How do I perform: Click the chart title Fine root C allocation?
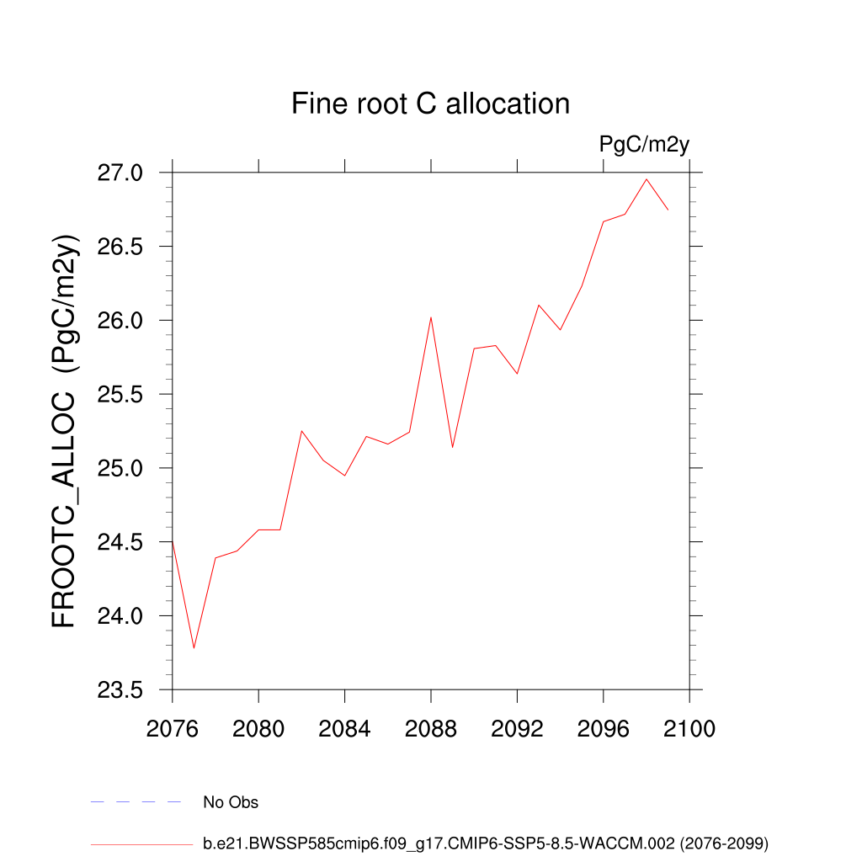[x=430, y=104]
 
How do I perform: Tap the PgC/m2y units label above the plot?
[x=644, y=144]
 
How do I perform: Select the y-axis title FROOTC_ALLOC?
[x=65, y=430]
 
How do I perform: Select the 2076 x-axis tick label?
[x=172, y=729]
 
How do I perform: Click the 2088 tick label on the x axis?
[x=430, y=729]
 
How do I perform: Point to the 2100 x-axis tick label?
[x=689, y=729]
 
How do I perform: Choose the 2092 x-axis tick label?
[x=517, y=729]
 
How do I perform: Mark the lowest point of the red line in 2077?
[x=194, y=648]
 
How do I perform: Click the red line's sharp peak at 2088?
[x=431, y=317]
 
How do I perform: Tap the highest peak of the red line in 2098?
[x=646, y=178]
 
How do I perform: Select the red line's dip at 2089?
[x=452, y=447]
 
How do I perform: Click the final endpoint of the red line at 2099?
[x=668, y=209]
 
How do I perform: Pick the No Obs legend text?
[x=231, y=802]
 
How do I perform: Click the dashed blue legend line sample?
[x=136, y=802]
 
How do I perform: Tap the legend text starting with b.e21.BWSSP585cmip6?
[x=486, y=843]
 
